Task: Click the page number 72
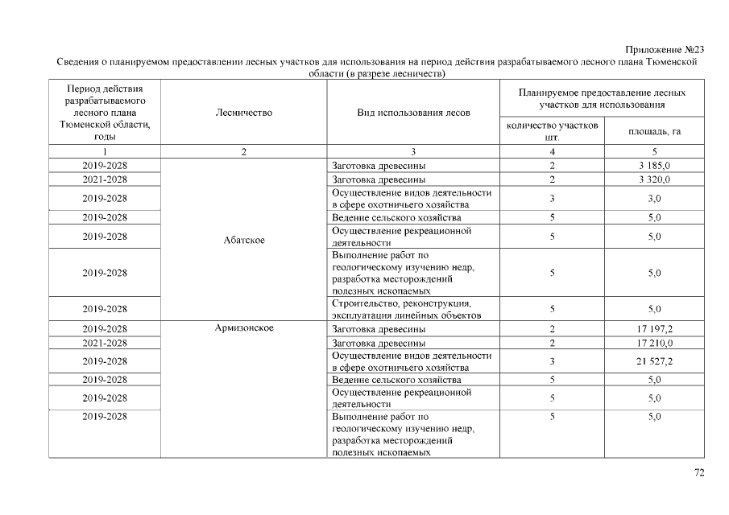pos(699,472)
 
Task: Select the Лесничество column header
pos(244,113)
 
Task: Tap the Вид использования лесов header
pos(413,113)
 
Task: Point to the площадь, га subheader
pos(654,131)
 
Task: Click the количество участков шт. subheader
pos(552,131)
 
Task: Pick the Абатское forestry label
pos(244,240)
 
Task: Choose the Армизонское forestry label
pos(244,328)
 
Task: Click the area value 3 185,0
pos(654,165)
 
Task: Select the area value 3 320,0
pos(654,179)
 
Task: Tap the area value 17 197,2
pos(654,329)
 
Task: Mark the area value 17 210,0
pos(654,343)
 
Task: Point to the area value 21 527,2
pos(654,361)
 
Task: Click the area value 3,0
pos(654,198)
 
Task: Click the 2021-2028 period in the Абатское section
pos(106,179)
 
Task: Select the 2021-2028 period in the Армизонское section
pos(106,343)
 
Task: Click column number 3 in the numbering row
pos(413,151)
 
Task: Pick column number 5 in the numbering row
pos(654,151)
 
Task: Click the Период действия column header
pos(106,113)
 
